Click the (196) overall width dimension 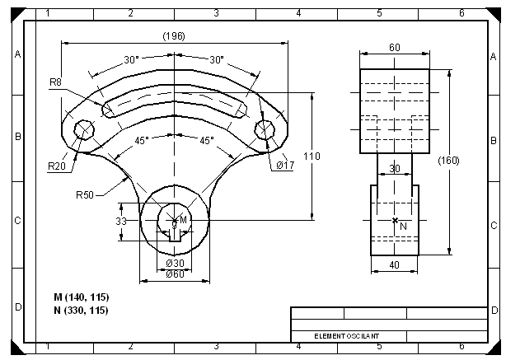point(174,36)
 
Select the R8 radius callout point(55,82)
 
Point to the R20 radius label point(56,166)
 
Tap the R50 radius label point(84,195)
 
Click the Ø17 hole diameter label point(285,165)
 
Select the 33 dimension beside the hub point(119,222)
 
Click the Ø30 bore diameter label point(175,263)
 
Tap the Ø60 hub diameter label point(175,274)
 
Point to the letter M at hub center point(183,221)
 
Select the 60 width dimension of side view point(395,48)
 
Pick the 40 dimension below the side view point(395,265)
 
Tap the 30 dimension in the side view point(395,168)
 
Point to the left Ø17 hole point(82,129)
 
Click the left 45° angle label point(142,141)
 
